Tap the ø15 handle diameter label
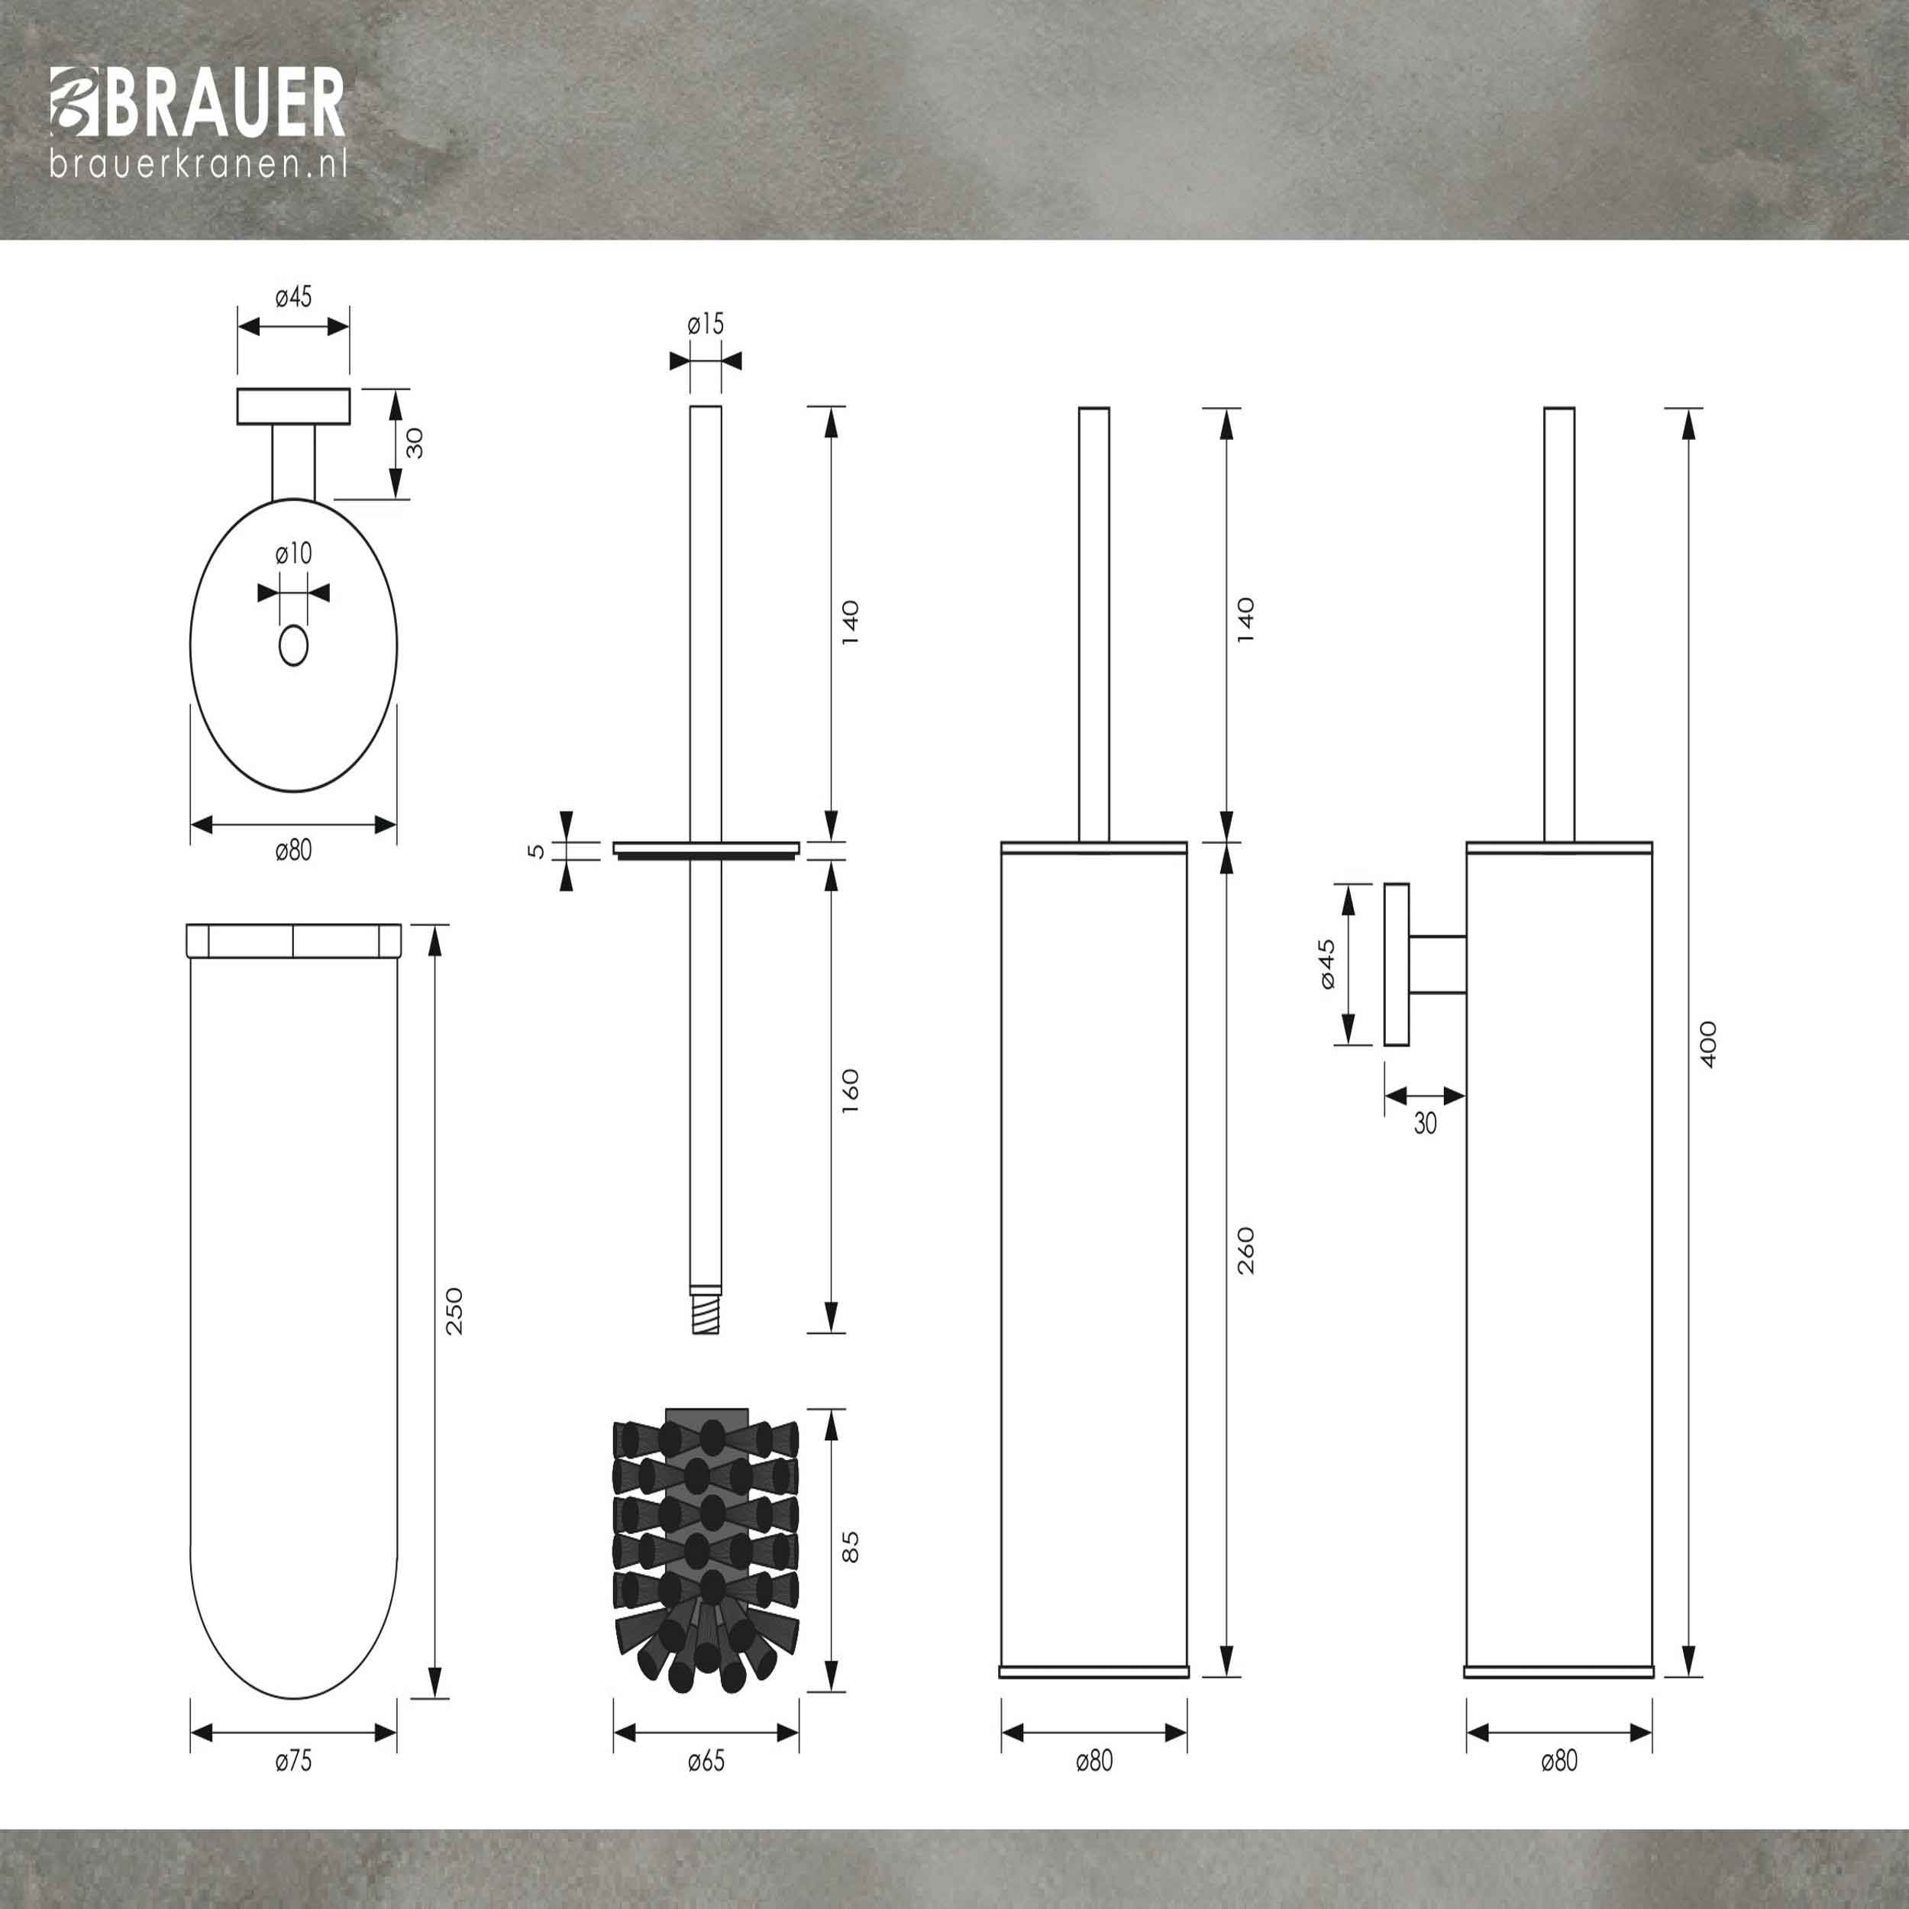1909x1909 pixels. click(706, 323)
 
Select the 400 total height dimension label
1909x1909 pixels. click(1708, 1043)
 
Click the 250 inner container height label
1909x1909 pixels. click(454, 1311)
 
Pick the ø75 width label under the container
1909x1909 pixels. click(293, 1760)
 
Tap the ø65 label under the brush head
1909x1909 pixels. click(706, 1760)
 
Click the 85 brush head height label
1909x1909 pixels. click(851, 1546)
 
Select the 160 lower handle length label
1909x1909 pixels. click(851, 1091)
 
